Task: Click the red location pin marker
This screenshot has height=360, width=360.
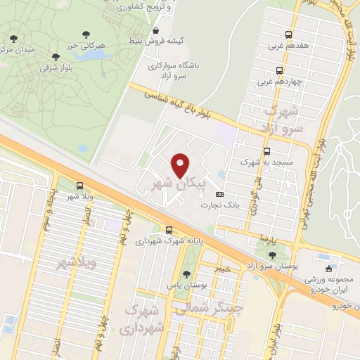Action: tap(181, 165)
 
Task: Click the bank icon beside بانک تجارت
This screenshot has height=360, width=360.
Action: tap(220, 195)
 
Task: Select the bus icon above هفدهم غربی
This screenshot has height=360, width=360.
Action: tap(288, 35)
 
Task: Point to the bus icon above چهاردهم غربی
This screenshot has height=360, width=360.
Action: tap(280, 70)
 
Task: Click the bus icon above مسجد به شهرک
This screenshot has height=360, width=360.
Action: tap(266, 151)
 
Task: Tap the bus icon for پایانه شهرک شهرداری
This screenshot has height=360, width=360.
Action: tap(169, 230)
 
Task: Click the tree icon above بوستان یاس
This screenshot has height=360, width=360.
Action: tap(186, 274)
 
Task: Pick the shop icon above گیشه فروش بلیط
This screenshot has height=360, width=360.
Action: tap(155, 31)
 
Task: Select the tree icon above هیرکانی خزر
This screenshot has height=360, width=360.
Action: tap(85, 34)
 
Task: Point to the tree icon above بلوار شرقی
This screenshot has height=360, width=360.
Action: tap(56, 58)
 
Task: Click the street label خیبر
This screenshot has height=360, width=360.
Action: tap(222, 268)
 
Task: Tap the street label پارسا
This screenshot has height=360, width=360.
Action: tap(281, 240)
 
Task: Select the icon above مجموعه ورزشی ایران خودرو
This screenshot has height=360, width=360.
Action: tap(328, 269)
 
